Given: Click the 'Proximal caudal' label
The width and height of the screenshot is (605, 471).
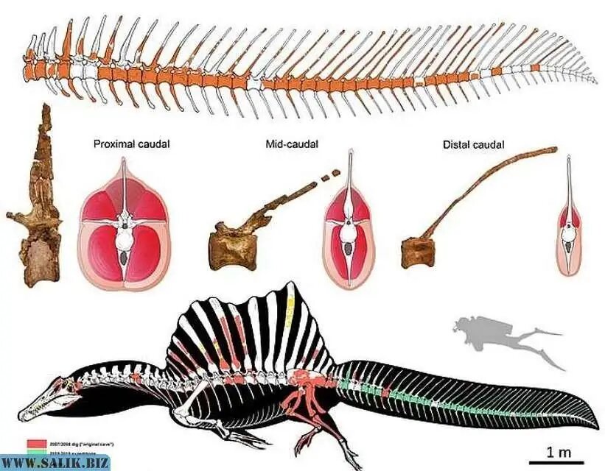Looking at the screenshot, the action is click(131, 144).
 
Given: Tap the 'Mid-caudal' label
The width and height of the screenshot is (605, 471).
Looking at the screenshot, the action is click(291, 144).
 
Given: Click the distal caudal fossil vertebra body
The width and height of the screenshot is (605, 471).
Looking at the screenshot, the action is click(417, 252).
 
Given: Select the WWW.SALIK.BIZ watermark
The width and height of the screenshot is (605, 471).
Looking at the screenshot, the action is click(55, 463).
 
